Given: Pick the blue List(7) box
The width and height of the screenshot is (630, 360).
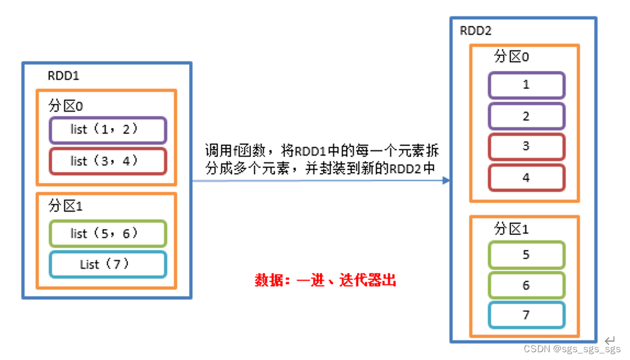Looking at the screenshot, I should (x=107, y=264).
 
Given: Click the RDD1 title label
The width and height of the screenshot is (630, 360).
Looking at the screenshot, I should (x=64, y=76).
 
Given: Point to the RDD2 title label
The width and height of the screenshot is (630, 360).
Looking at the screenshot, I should (x=476, y=31).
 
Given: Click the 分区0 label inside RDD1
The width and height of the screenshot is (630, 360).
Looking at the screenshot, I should (x=65, y=106).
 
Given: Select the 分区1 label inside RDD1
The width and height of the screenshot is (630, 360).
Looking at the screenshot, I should (x=65, y=206).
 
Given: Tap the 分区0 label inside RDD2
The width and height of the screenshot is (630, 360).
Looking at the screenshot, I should (x=512, y=56).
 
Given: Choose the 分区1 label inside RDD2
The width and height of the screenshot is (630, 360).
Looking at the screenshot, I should (x=512, y=229).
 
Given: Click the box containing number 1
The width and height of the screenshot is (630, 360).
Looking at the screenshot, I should (x=526, y=85).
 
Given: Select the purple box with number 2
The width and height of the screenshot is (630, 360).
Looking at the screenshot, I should (x=526, y=116).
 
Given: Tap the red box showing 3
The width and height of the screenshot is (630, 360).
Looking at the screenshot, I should (x=526, y=147).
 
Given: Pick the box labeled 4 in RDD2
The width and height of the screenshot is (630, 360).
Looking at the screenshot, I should (x=526, y=178).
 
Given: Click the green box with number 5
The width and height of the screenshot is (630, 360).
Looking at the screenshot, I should (x=526, y=255).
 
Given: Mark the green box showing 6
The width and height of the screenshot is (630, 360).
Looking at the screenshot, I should (x=526, y=285).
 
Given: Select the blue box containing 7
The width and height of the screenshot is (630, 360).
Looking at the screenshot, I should (x=526, y=316).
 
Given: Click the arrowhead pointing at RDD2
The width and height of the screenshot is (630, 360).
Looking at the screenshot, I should (x=446, y=180).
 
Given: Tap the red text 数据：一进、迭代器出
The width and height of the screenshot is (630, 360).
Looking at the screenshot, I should (x=326, y=280).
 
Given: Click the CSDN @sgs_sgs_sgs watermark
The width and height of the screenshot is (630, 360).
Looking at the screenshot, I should (x=572, y=349).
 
